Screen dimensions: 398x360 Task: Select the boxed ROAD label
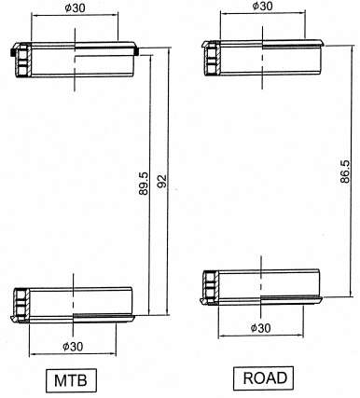[x=265, y=378]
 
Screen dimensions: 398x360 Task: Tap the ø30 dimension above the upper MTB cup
[x=76, y=7]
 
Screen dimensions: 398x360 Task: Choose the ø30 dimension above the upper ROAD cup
[x=264, y=7]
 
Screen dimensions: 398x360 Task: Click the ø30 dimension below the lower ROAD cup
[x=265, y=327]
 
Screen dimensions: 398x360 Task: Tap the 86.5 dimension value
[x=345, y=172]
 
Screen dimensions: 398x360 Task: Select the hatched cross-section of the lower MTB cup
[x=21, y=305]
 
